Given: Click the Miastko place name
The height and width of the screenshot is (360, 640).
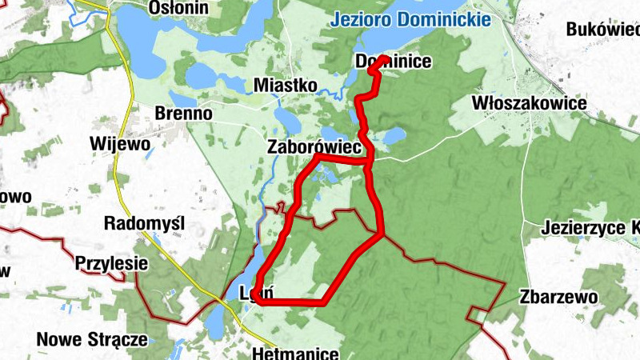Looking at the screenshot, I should click(285, 85).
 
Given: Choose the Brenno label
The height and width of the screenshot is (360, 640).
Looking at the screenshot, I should click(184, 114).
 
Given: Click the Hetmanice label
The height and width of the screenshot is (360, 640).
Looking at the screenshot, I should click(295, 353).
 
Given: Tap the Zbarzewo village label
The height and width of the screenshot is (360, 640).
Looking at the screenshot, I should click(558, 297).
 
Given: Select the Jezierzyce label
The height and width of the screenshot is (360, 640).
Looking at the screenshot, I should click(590, 227).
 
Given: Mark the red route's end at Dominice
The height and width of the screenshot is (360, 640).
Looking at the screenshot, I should click(385, 59).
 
